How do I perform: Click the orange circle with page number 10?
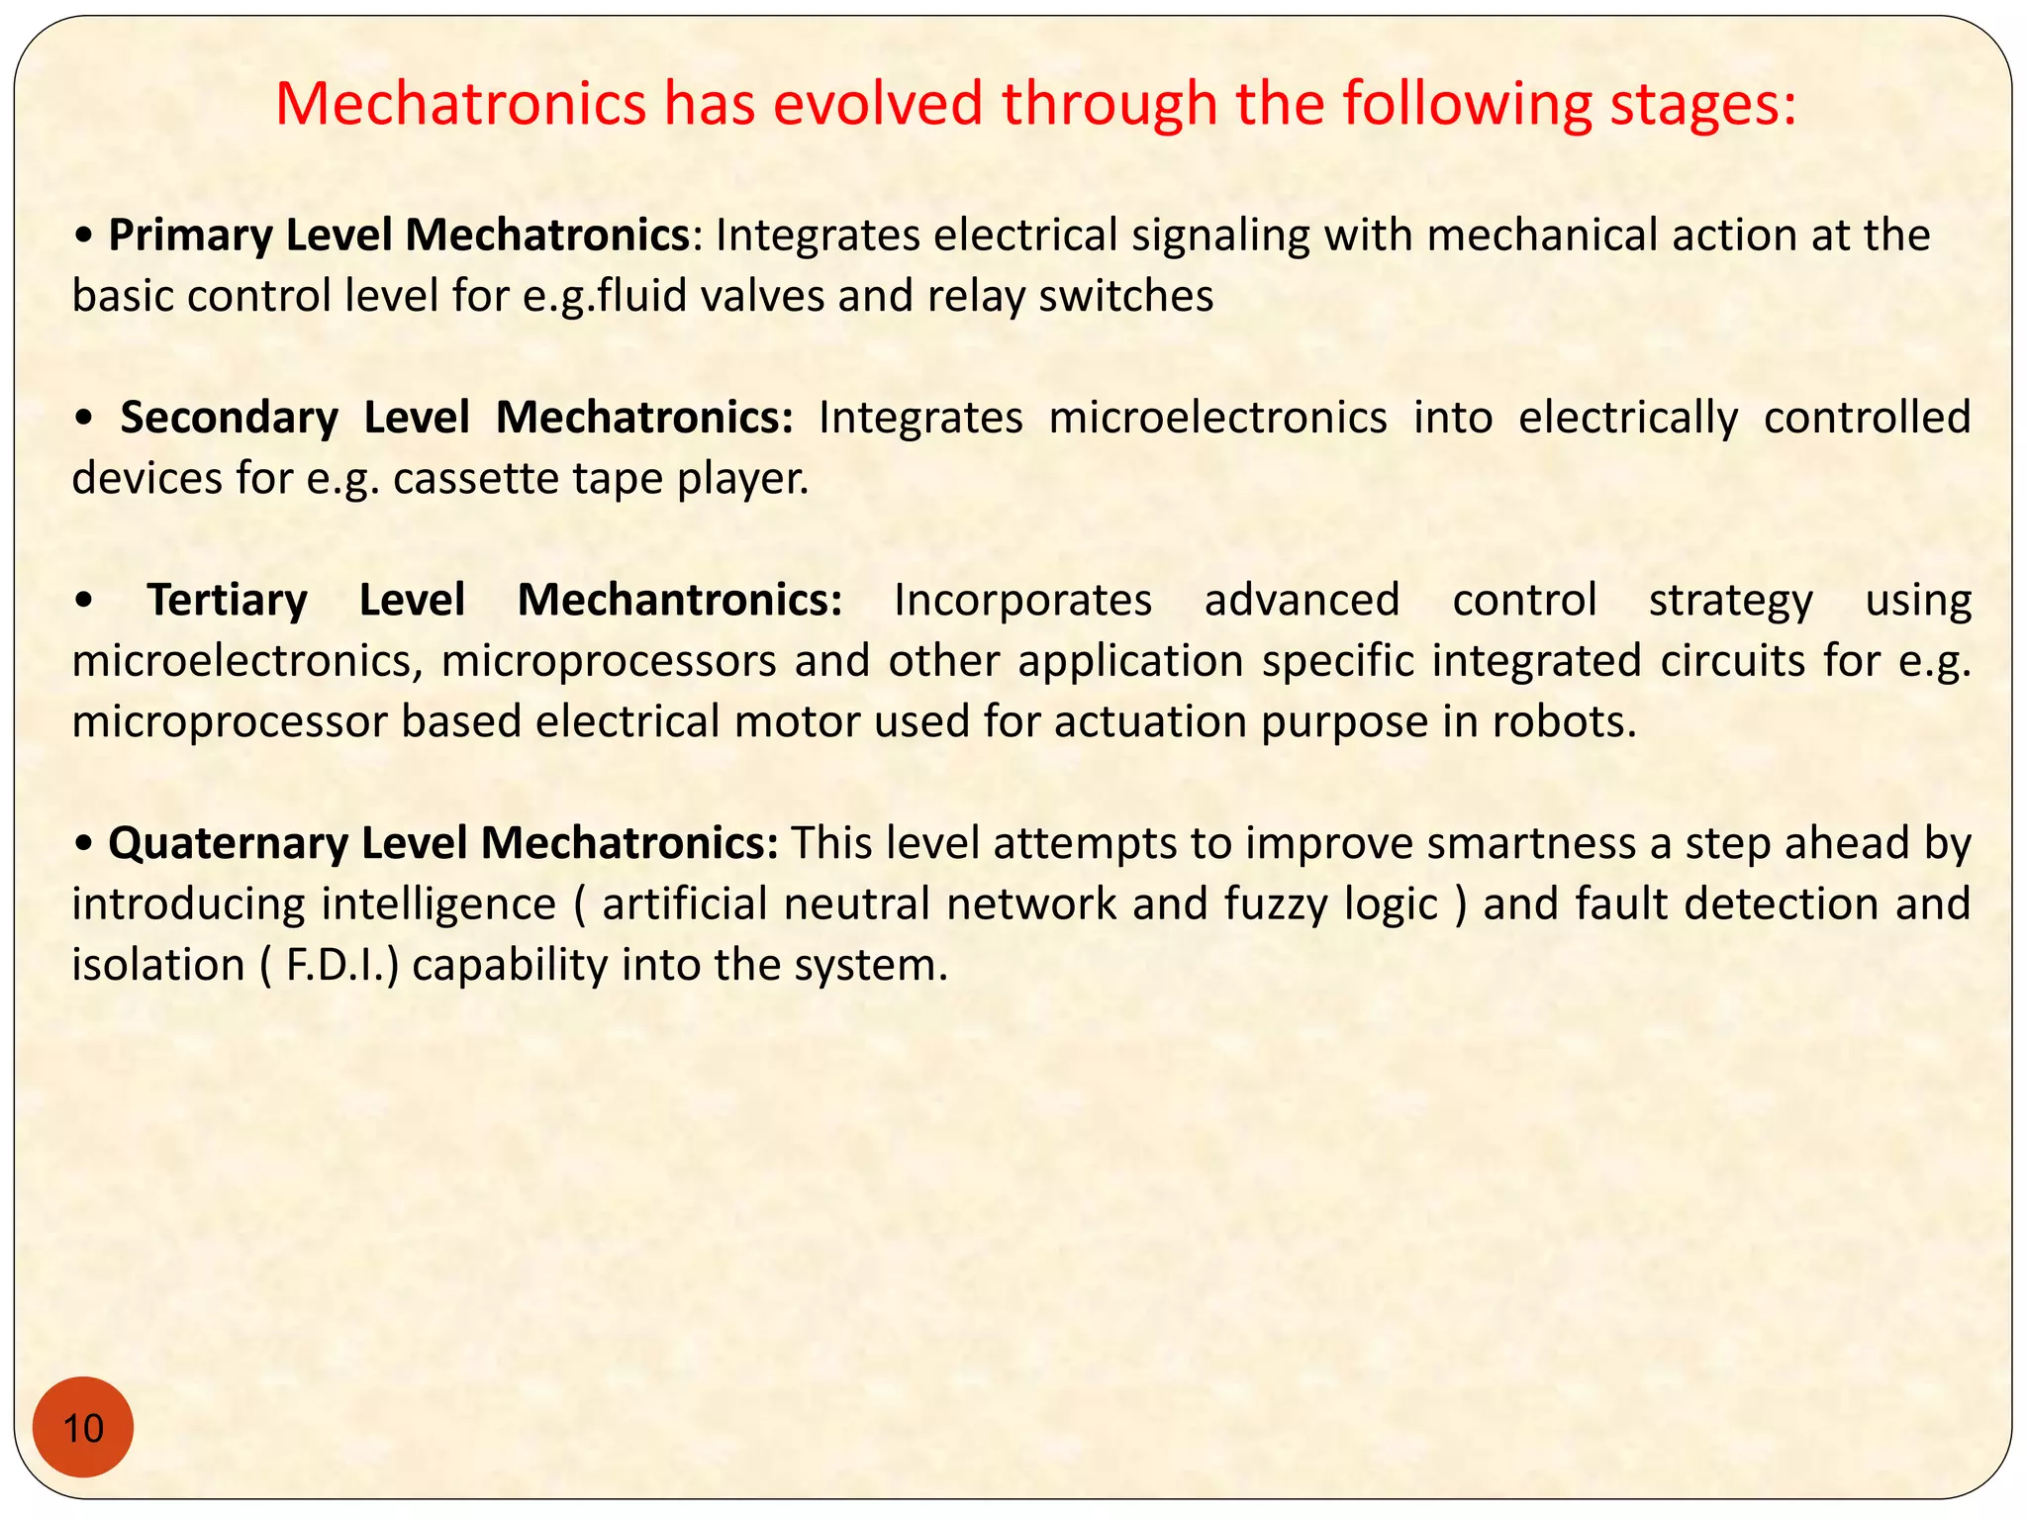[x=83, y=1427]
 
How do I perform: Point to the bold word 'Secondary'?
[x=230, y=418]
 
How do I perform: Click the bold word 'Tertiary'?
[x=228, y=600]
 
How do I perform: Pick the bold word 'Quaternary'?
[x=228, y=843]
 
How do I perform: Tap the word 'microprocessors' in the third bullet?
[x=609, y=661]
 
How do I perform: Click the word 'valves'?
[x=762, y=297]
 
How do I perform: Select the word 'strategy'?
[x=1730, y=601]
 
